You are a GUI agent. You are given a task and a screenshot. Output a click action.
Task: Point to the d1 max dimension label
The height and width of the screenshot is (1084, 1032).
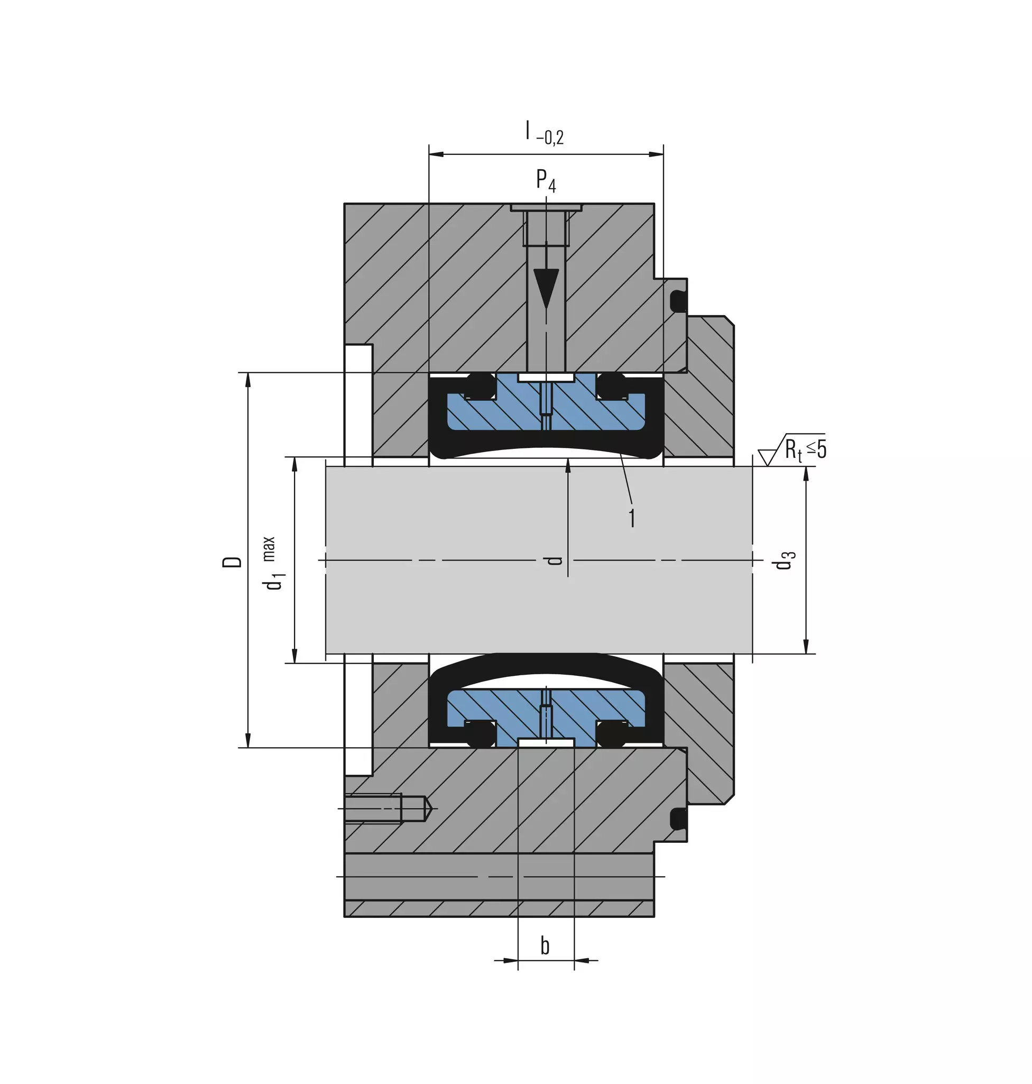pos(274,563)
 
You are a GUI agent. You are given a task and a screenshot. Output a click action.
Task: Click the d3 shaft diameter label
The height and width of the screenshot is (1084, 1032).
pos(785,559)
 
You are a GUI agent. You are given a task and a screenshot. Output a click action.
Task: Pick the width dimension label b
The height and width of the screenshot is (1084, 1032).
pos(545,945)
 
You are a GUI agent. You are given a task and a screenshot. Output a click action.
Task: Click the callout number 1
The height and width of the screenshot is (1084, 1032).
pos(632,518)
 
